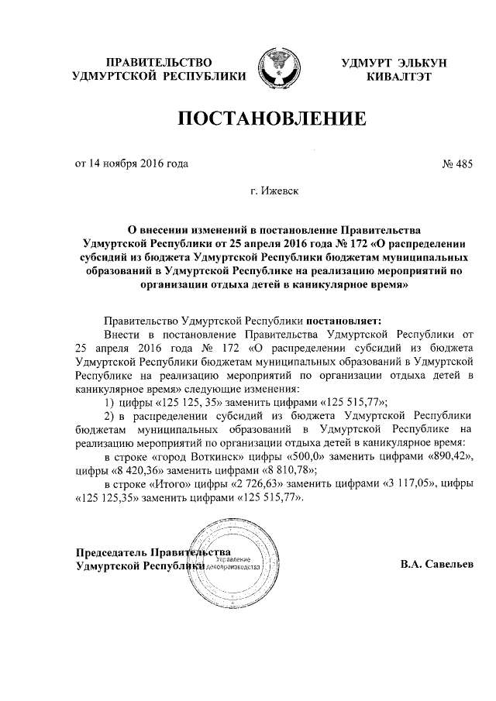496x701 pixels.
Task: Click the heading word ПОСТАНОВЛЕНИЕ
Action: [x=272, y=119]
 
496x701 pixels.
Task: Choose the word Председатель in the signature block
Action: [x=112, y=553]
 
